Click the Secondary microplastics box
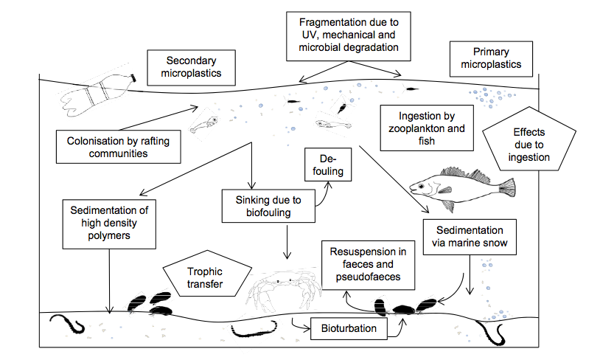point(189,67)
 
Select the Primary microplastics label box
point(490,58)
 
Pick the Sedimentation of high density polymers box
point(110,224)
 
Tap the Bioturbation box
point(349,328)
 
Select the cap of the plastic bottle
point(133,77)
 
